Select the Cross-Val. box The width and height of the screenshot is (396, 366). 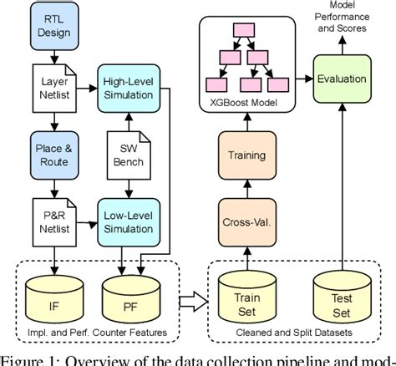point(247,222)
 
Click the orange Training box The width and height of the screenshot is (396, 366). point(247,155)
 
